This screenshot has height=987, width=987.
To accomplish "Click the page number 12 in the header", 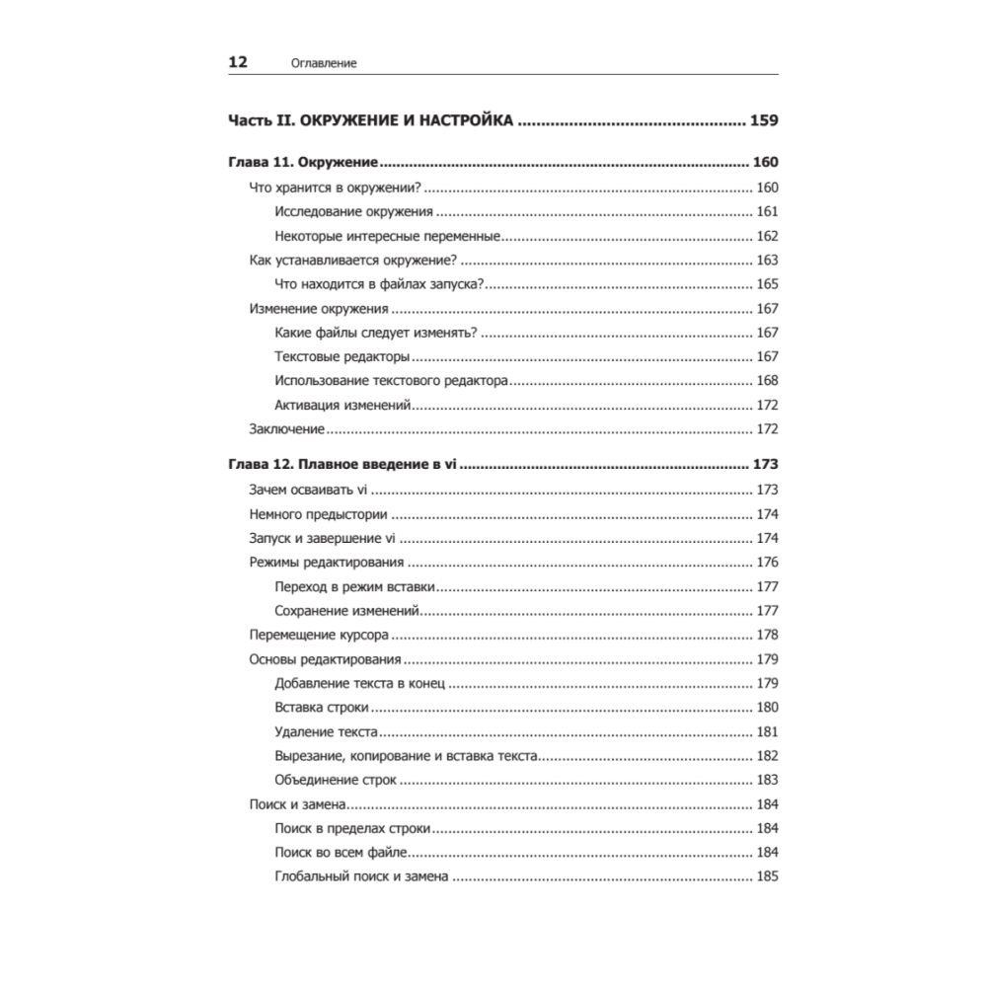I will (238, 61).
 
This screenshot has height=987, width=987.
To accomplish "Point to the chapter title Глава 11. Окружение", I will (305, 163).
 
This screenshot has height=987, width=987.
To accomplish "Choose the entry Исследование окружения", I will (353, 212).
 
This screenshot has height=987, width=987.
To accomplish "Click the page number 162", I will (767, 236).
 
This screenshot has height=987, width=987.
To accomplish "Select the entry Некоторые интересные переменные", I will (389, 236).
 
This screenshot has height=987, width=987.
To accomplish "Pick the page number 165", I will (767, 284).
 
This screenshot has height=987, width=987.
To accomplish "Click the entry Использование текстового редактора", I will (392, 381).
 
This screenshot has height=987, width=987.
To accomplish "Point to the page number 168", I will (767, 381).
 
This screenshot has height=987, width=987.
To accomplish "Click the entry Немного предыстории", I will (318, 514).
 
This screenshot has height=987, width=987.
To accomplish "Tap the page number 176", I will (767, 563).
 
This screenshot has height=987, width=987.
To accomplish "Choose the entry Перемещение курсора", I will (319, 635).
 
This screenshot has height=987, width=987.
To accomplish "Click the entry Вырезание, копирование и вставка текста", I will (406, 756).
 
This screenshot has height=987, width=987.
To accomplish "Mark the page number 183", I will (767, 780).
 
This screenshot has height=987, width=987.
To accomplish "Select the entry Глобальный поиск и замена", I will (362, 876).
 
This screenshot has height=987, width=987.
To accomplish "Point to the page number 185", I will (767, 876).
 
